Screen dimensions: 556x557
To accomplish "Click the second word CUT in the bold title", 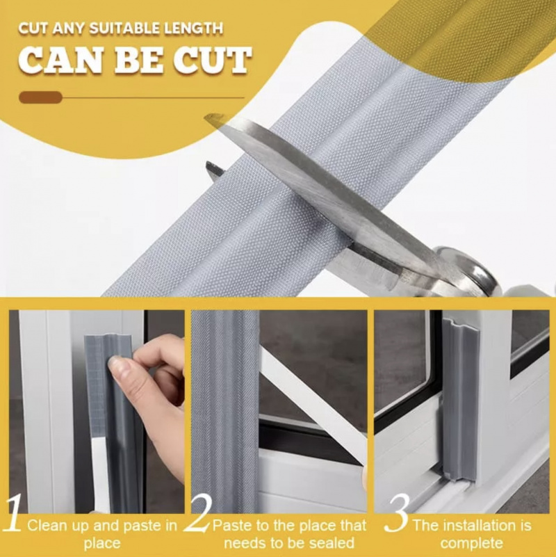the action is [x=213, y=60].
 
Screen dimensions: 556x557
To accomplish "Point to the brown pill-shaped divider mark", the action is [x=40, y=97].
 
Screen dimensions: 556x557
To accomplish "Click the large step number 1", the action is [x=13, y=512].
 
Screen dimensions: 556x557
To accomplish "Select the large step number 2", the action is [x=199, y=512].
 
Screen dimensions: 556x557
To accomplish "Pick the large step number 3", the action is [x=398, y=512].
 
